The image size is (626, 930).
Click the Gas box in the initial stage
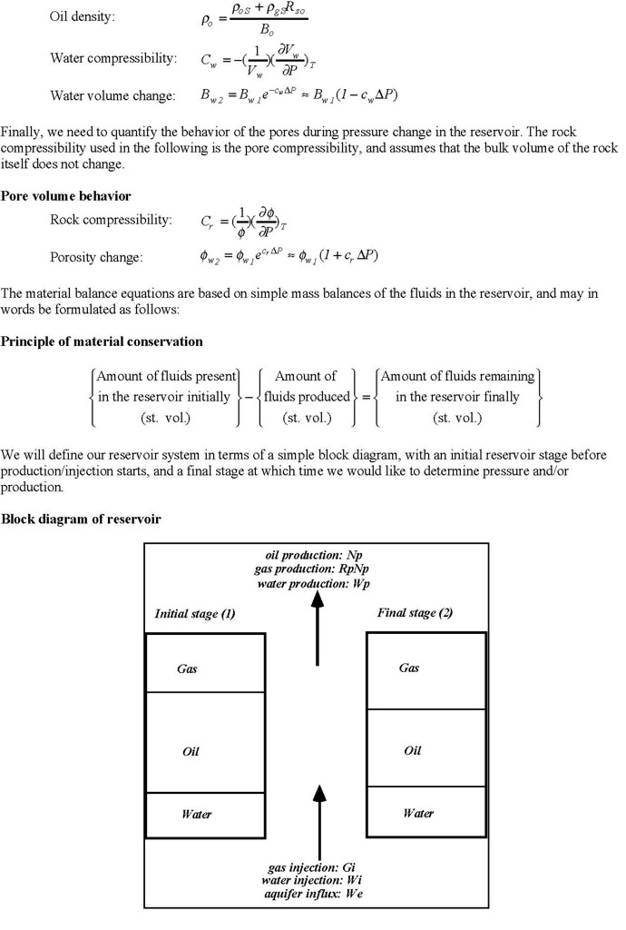pyautogui.click(x=205, y=663)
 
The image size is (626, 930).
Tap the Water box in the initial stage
pyautogui.click(x=205, y=814)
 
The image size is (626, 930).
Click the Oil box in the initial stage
pyautogui.click(x=205, y=743)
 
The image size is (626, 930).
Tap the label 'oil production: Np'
pyautogui.click(x=314, y=555)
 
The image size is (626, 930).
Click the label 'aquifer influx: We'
pyautogui.click(x=313, y=894)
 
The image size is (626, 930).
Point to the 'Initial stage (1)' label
pyautogui.click(x=195, y=614)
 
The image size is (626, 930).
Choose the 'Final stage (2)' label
pyautogui.click(x=415, y=613)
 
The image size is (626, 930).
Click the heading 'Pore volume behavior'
pyautogui.click(x=66, y=195)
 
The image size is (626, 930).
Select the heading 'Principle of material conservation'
pyautogui.click(x=102, y=341)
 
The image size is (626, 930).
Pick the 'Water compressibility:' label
pyautogui.click(x=112, y=59)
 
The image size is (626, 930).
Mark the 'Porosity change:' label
pyautogui.click(x=96, y=257)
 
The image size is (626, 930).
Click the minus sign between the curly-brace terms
pyautogui.click(x=249, y=397)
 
